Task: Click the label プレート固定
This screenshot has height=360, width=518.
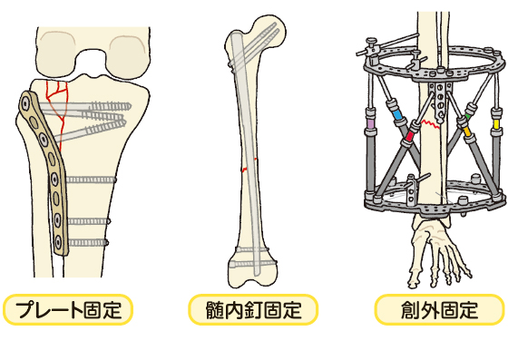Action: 68,310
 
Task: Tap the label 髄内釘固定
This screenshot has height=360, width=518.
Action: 254,310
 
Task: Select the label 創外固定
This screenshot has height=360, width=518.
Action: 439,310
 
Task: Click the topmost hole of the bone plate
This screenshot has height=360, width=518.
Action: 28,108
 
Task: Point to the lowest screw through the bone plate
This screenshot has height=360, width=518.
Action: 86,242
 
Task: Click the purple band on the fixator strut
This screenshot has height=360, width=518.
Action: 370,119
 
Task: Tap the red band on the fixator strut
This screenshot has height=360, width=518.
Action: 411,136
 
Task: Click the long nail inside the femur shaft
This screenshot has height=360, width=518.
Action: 248,145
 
